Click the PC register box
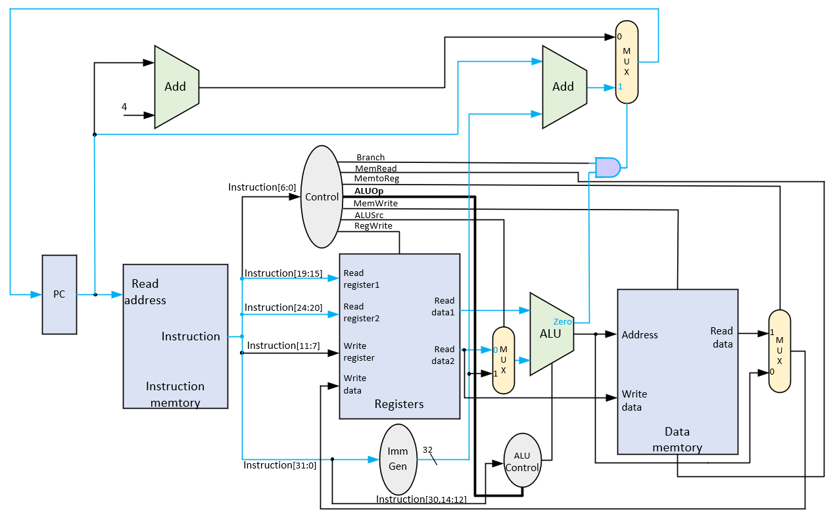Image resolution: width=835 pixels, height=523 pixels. (x=59, y=294)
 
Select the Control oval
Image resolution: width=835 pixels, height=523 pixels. (x=322, y=196)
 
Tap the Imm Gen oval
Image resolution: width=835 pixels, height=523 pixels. (x=398, y=459)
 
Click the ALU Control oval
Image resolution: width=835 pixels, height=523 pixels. (x=522, y=461)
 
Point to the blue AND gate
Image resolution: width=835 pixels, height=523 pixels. (x=608, y=168)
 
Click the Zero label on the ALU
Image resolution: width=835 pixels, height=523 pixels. (x=563, y=321)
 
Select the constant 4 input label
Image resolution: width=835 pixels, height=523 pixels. (x=124, y=107)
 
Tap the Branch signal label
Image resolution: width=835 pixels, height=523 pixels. (x=371, y=157)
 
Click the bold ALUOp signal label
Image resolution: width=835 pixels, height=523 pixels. (x=369, y=191)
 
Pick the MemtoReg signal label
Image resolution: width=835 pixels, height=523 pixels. (x=377, y=179)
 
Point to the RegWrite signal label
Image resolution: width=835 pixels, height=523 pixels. (x=373, y=226)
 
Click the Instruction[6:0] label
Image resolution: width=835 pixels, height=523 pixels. (x=262, y=187)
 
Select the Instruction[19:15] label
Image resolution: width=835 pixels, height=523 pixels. (x=283, y=273)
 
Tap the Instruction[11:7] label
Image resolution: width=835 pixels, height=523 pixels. (x=283, y=346)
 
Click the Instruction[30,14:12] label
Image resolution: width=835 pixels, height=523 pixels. (x=421, y=499)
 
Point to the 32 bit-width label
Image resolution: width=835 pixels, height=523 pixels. (x=427, y=450)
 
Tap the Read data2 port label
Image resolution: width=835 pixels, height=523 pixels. (x=443, y=355)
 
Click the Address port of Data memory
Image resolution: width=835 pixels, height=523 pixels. (x=640, y=335)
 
